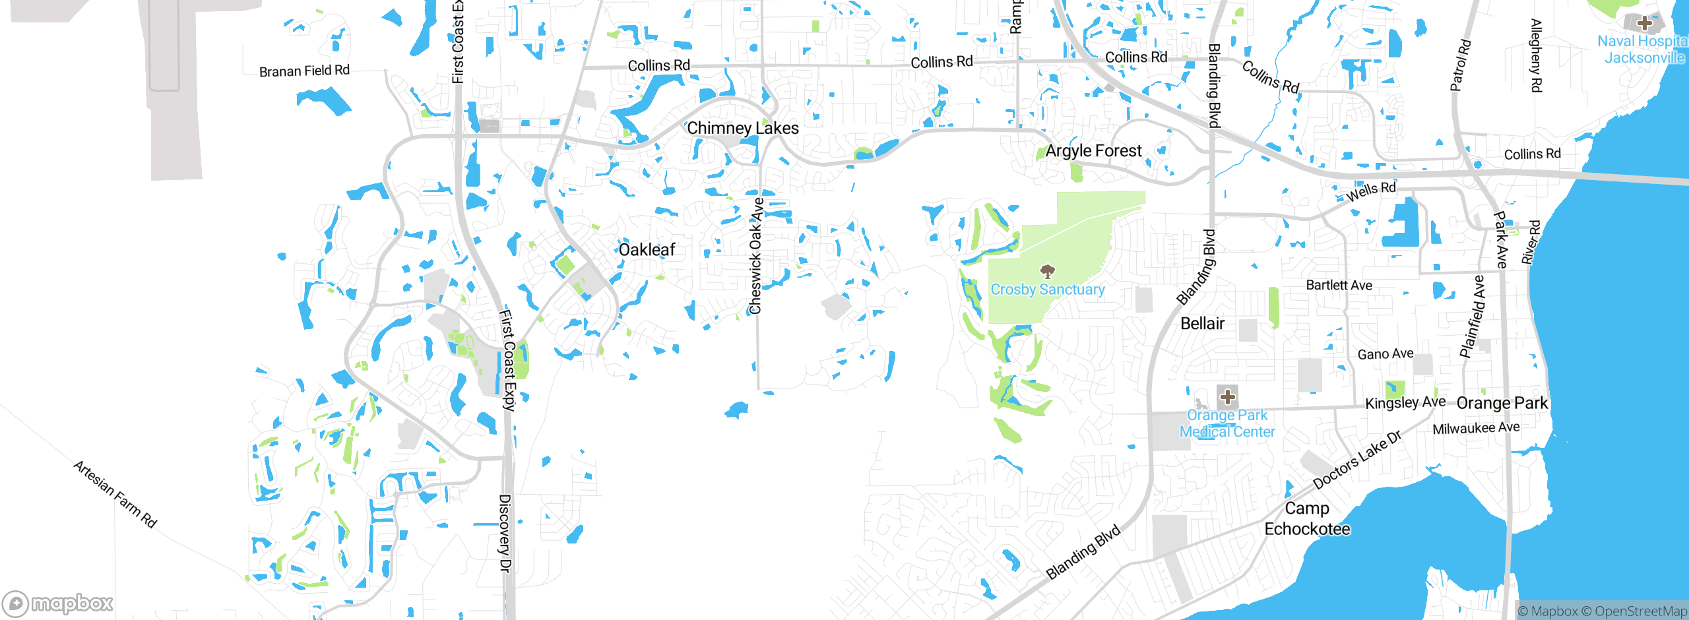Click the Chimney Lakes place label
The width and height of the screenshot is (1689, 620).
point(743,128)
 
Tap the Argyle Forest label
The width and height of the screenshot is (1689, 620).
point(1093,151)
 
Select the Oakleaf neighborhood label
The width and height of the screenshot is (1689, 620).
point(647,249)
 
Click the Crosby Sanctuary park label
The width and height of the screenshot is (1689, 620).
point(1048,290)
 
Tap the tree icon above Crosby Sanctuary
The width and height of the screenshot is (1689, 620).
point(1047,271)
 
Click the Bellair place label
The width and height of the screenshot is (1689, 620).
point(1202,323)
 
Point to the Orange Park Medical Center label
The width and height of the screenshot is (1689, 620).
point(1227,423)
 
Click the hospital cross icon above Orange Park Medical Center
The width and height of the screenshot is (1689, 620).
point(1227,397)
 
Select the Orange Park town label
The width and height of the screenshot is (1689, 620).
point(1502,403)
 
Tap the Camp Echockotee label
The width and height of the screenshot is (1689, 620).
point(1307,518)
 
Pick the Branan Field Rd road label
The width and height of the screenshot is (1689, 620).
point(304,71)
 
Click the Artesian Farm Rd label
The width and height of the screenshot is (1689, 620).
point(115,494)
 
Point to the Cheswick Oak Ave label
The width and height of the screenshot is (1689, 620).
point(756,256)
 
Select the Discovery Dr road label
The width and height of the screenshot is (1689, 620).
point(505,533)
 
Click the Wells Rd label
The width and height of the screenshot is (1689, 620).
point(1371,191)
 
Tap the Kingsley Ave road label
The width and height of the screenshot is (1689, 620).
point(1405,402)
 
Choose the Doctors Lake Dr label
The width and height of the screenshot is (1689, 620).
point(1357,460)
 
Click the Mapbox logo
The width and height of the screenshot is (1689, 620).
point(58,604)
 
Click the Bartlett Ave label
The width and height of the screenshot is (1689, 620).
point(1339,285)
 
